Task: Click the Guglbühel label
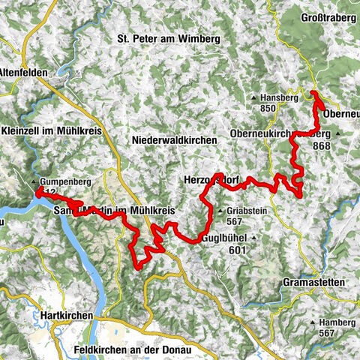tap(224, 239)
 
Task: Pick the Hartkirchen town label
tap(67, 316)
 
